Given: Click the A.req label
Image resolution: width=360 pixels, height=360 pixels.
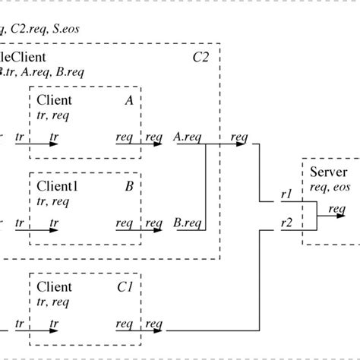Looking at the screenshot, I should [x=188, y=137].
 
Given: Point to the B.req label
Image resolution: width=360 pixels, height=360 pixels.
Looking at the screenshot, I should [x=188, y=223].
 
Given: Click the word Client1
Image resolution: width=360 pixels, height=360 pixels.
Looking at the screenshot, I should [x=58, y=185].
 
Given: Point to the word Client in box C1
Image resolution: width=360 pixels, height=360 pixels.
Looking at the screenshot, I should [x=54, y=287].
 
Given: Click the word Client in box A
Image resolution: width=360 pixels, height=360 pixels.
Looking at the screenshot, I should [x=54, y=99].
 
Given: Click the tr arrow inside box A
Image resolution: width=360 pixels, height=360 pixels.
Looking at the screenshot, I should [x=54, y=141].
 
